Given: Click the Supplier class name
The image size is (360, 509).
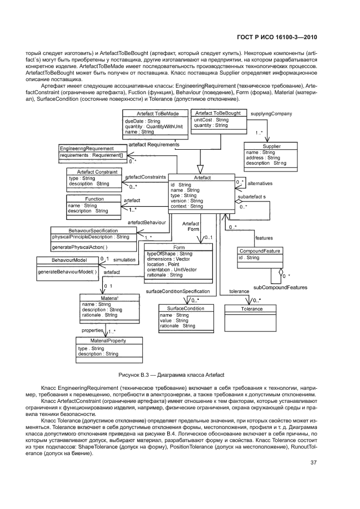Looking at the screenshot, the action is pyautogui.click(x=271, y=146).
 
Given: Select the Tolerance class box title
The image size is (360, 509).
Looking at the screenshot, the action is pyautogui.click(x=252, y=309).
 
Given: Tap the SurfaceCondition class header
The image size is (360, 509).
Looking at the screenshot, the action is pyautogui.click(x=185, y=308).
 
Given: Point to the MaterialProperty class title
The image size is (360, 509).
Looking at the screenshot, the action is pyautogui.click(x=108, y=341).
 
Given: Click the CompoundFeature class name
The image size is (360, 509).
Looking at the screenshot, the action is pyautogui.click(x=260, y=251).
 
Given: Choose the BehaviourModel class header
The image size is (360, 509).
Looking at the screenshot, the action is pyautogui.click(x=69, y=260).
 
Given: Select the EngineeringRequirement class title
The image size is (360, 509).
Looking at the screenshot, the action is pyautogui.click(x=87, y=149).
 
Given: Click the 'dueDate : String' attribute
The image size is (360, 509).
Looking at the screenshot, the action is pyautogui.click(x=143, y=121).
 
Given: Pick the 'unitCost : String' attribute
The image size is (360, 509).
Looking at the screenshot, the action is pyautogui.click(x=211, y=120).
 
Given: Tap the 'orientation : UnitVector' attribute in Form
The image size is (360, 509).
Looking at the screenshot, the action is pyautogui.click(x=172, y=270).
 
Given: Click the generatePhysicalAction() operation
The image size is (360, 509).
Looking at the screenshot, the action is pyautogui.click(x=80, y=247).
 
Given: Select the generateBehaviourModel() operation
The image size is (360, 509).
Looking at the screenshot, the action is pyautogui.click(x=67, y=272).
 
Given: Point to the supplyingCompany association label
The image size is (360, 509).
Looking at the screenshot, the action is pyautogui.click(x=271, y=114).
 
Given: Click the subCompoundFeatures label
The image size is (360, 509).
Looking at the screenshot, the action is pyautogui.click(x=280, y=287).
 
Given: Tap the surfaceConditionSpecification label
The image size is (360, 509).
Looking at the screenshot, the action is pyautogui.click(x=178, y=291).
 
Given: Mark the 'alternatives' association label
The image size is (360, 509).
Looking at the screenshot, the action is pyautogui.click(x=260, y=183).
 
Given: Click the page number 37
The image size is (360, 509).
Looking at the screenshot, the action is pyautogui.click(x=313, y=463).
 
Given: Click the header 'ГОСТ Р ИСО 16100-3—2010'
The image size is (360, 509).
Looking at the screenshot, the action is pyautogui.click(x=277, y=38).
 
